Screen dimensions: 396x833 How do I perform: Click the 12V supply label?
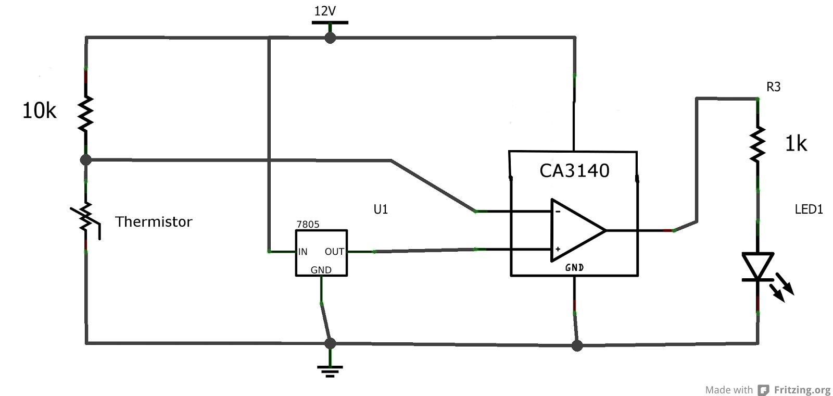tap(325, 11)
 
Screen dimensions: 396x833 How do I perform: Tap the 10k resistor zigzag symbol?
tap(85, 113)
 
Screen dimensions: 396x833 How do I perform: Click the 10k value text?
tap(39, 111)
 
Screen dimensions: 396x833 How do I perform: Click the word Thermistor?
tap(154, 222)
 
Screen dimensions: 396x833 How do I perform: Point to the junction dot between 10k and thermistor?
tap(86, 159)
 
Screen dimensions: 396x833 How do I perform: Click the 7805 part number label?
tap(308, 225)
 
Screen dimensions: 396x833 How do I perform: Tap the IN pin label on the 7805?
tap(302, 252)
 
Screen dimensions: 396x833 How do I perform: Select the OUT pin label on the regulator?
tap(334, 252)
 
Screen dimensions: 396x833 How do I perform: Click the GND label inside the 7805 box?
tap(321, 270)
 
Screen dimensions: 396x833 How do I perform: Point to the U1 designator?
tap(381, 209)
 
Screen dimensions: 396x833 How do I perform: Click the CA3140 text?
tap(574, 171)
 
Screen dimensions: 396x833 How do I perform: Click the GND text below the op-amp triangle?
tap(574, 267)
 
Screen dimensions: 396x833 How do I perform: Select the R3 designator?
tap(773, 87)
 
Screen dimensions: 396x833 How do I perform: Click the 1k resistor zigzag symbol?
tap(758, 143)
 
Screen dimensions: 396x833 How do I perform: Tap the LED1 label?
tap(809, 209)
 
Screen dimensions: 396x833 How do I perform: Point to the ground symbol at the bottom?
tap(330, 370)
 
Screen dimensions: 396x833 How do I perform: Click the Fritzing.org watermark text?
tap(802, 390)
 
